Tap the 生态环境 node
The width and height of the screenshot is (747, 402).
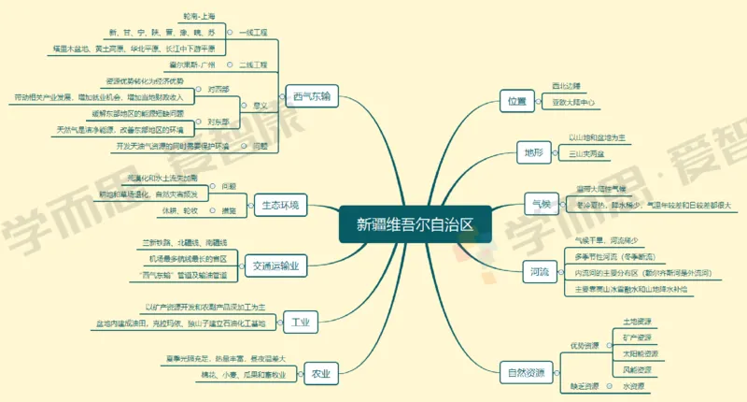pyautogui.click(x=280, y=205)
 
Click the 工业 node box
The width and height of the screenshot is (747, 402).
pyautogui.click(x=300, y=323)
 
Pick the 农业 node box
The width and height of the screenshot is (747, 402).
pyautogui.click(x=321, y=373)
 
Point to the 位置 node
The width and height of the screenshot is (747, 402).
pyautogui.click(x=516, y=100)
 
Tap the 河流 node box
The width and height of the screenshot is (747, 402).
pyautogui.click(x=539, y=272)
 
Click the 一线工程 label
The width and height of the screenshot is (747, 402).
pyautogui.click(x=253, y=33)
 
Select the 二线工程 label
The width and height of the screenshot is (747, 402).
pyautogui.click(x=253, y=65)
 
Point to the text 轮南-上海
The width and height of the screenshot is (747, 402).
pyautogui.click(x=202, y=17)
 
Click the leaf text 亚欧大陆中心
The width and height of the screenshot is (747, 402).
pyautogui.click(x=574, y=102)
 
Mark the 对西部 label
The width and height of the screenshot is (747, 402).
pyautogui.click(x=218, y=89)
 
